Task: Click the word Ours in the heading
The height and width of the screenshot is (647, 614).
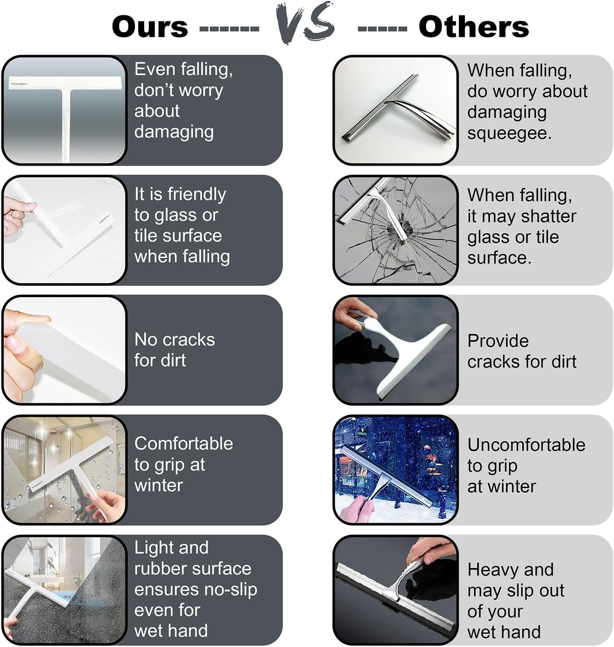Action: click(x=150, y=26)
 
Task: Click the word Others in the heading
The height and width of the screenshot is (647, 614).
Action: click(x=474, y=26)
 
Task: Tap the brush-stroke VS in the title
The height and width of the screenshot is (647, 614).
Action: click(x=305, y=22)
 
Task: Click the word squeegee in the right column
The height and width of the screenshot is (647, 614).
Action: click(x=509, y=133)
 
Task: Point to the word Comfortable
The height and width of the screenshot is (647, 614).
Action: click(x=183, y=443)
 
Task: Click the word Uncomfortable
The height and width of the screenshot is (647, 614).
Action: click(x=526, y=445)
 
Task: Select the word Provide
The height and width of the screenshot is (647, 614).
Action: click(x=498, y=341)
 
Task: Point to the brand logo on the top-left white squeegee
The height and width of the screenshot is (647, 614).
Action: click(x=19, y=84)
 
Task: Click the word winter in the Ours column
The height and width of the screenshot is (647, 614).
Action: click(x=159, y=485)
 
